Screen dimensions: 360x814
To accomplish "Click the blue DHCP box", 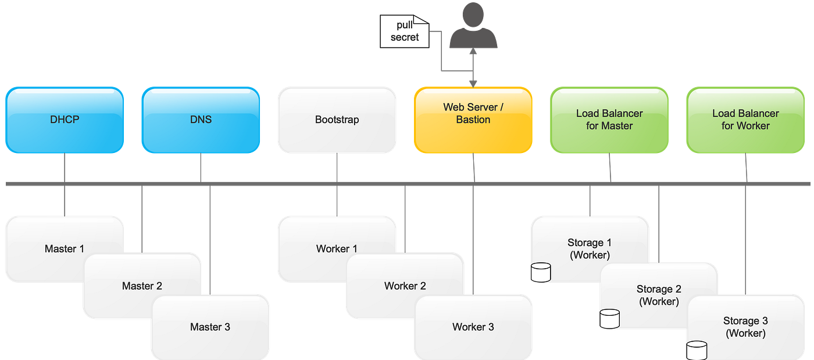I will [x=64, y=120].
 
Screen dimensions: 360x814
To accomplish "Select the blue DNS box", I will [x=201, y=120].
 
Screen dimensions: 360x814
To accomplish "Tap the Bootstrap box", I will [x=337, y=120].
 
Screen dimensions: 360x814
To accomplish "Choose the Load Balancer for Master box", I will [x=609, y=120].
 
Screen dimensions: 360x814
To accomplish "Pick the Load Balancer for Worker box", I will [x=745, y=120].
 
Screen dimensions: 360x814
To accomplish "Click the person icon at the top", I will [x=473, y=26].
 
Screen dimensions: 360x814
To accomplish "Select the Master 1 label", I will [x=64, y=249].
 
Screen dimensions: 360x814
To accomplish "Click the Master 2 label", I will [x=142, y=286].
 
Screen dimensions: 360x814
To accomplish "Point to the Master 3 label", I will [x=210, y=327].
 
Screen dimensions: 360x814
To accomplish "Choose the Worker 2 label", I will [x=405, y=286].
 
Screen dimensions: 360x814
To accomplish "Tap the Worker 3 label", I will [x=473, y=327].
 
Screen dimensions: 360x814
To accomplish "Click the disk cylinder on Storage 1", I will [x=541, y=272].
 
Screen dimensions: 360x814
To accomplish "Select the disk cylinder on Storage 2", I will [x=609, y=318].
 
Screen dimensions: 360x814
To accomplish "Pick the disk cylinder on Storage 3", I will [x=696, y=350].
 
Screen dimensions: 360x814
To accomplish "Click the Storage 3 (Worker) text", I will [x=745, y=327].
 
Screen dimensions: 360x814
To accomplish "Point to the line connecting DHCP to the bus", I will [x=64, y=167].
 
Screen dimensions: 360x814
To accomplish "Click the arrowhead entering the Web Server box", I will [x=473, y=83].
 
